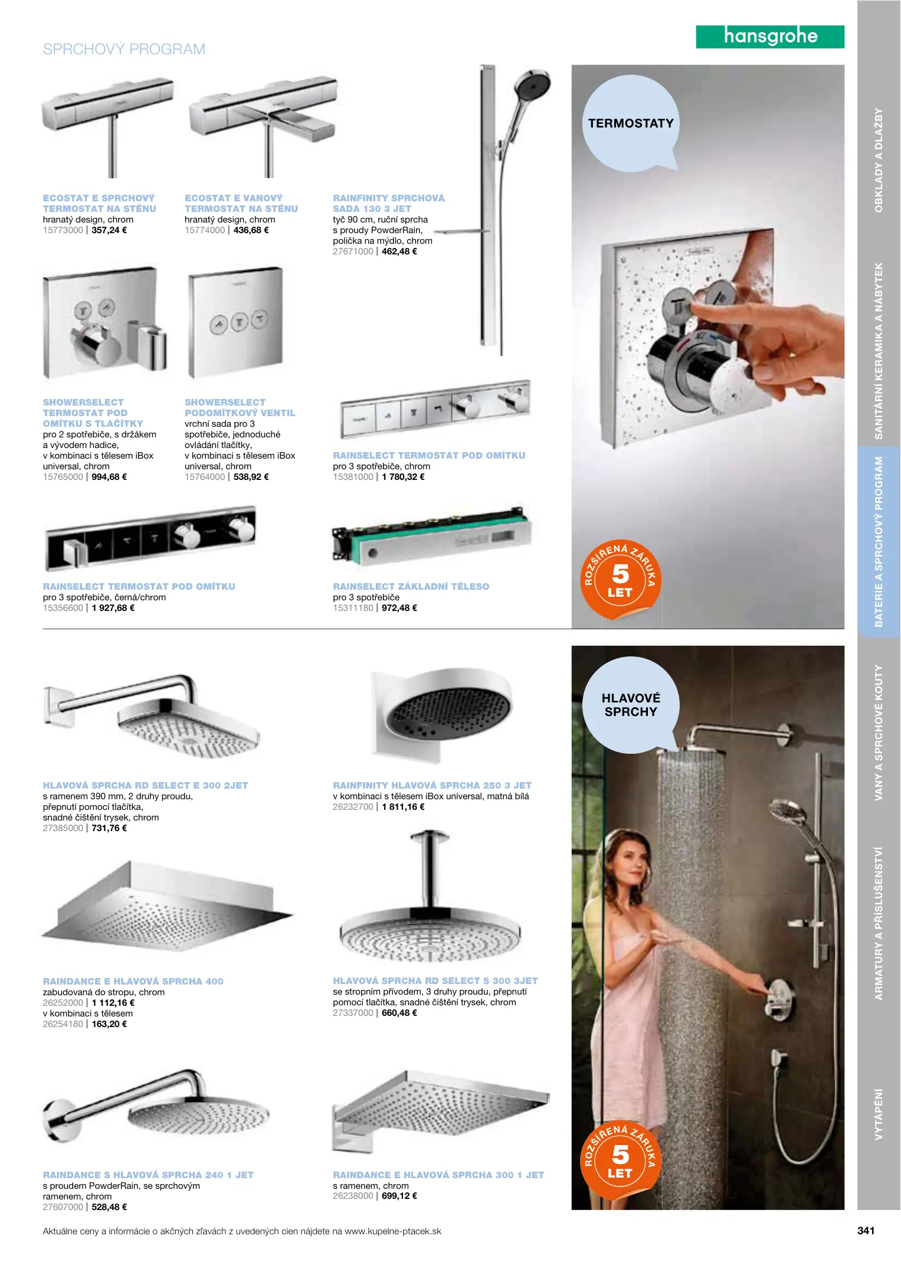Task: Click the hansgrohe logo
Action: (x=770, y=37)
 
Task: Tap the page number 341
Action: (x=866, y=1231)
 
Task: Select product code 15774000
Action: (x=205, y=230)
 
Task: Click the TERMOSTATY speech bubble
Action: (x=631, y=123)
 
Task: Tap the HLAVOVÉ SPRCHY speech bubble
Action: (x=631, y=705)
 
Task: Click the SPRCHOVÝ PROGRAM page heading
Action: (x=124, y=49)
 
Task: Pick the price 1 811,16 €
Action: (x=403, y=807)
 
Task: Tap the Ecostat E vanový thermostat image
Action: (x=263, y=126)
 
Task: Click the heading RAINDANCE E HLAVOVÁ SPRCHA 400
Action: (x=133, y=982)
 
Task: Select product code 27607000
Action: (x=63, y=1207)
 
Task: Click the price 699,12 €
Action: (x=399, y=1196)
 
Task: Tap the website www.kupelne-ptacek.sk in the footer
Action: (x=393, y=1231)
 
